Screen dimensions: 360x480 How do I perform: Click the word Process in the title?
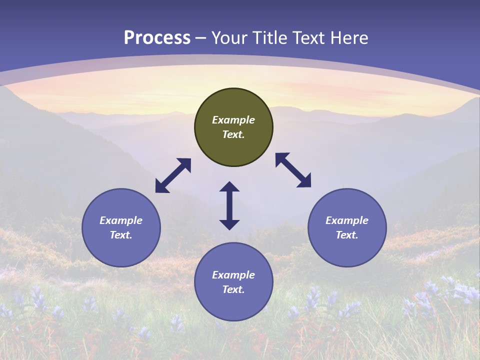(x=157, y=38)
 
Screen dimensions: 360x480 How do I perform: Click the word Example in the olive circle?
(x=233, y=120)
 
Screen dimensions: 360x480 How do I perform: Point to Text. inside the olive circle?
(x=233, y=134)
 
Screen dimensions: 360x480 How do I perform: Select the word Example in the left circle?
(x=121, y=220)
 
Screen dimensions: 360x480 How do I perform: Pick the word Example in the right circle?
(x=347, y=220)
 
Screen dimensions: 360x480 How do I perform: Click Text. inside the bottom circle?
(x=233, y=289)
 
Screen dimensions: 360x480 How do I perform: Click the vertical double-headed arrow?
(x=229, y=205)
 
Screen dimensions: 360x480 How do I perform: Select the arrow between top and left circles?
(x=173, y=175)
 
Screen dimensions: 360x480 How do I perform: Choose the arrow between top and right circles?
(x=293, y=170)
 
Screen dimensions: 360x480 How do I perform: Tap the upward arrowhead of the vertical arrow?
(x=229, y=187)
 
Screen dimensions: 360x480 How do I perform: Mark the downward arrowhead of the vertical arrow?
(x=229, y=224)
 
